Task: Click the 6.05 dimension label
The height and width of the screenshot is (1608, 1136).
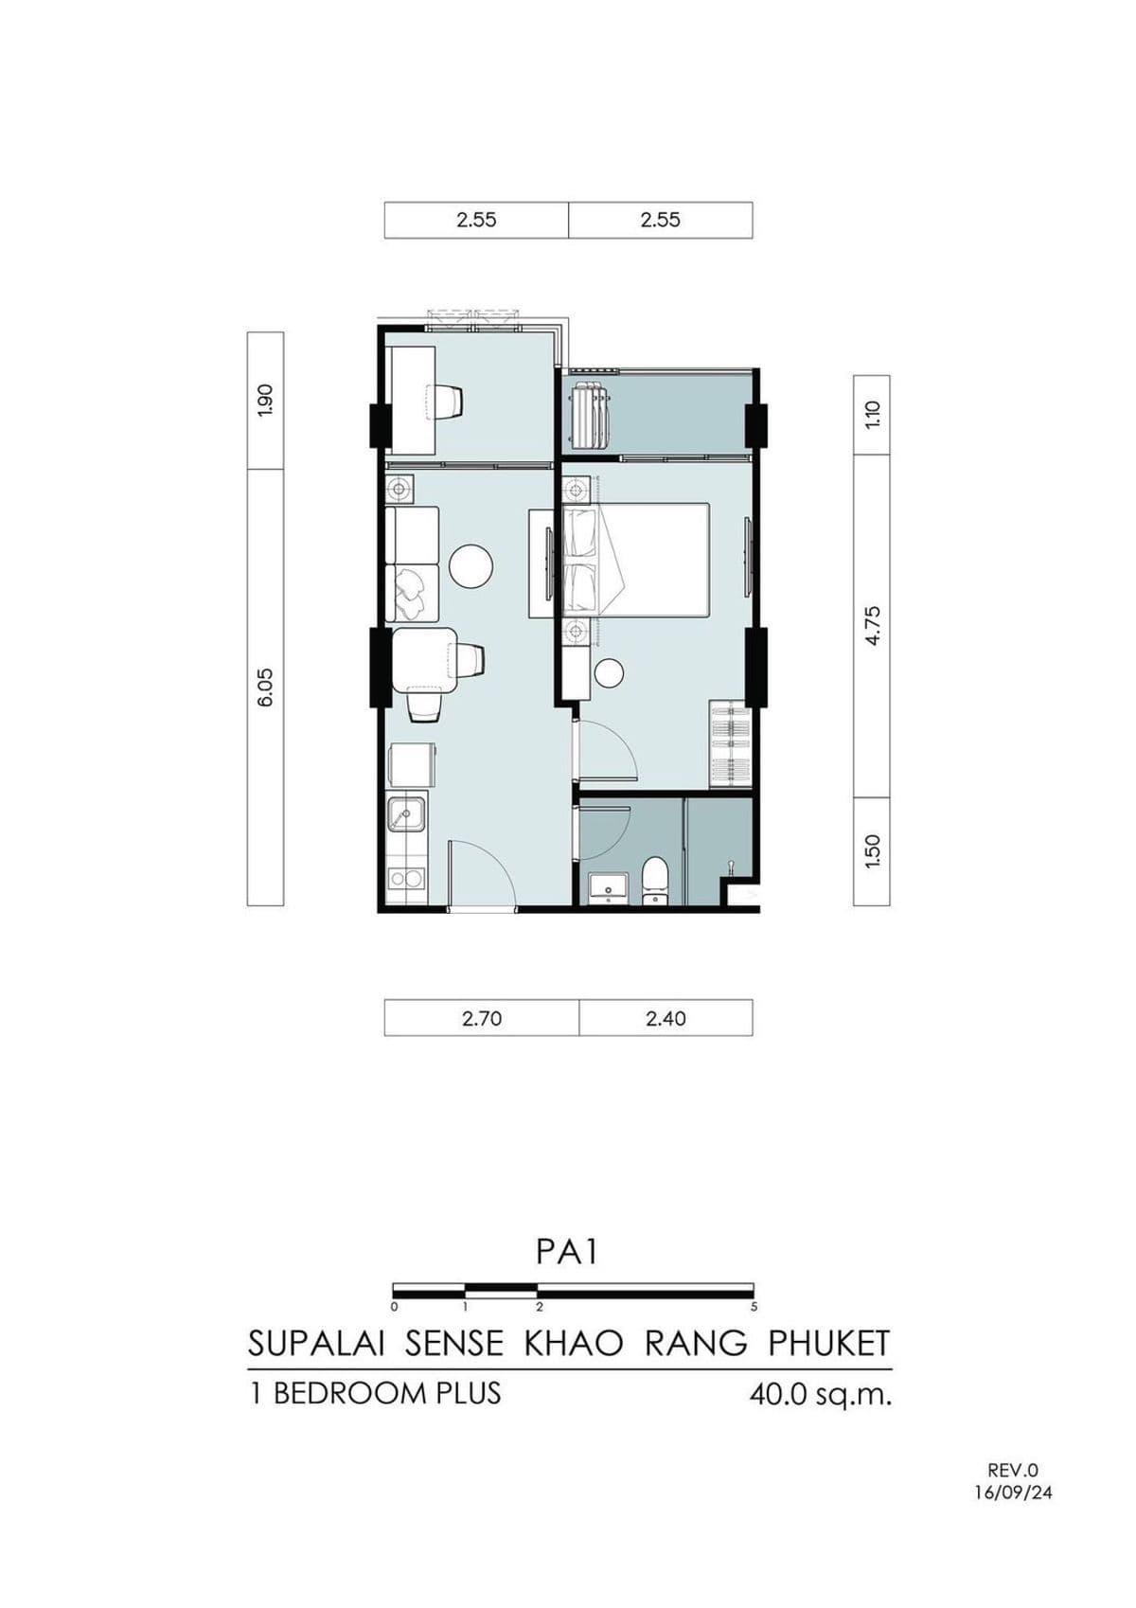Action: (265, 687)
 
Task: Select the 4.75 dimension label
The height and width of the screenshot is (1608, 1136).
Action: (872, 625)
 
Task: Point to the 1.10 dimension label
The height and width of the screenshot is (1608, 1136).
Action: (872, 414)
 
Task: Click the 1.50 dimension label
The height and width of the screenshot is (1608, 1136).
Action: (872, 850)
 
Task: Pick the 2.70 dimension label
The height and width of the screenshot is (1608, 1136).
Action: (482, 1019)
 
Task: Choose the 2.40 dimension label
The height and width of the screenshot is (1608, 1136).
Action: (666, 1019)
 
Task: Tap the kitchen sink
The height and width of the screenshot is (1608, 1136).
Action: (406, 814)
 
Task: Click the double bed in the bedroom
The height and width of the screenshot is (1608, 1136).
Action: (636, 560)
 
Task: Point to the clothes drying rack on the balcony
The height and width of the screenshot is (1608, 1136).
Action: (590, 415)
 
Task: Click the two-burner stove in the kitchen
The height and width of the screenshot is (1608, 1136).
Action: (406, 878)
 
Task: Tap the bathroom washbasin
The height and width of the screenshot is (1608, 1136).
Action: (608, 888)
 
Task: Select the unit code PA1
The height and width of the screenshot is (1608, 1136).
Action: (567, 1252)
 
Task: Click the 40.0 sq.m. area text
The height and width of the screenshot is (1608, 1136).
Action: (820, 1395)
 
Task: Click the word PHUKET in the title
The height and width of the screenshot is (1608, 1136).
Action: (829, 1344)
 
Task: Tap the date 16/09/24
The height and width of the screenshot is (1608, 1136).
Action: (1013, 1492)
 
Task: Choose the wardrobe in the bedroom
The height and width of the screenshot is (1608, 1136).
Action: (730, 744)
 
